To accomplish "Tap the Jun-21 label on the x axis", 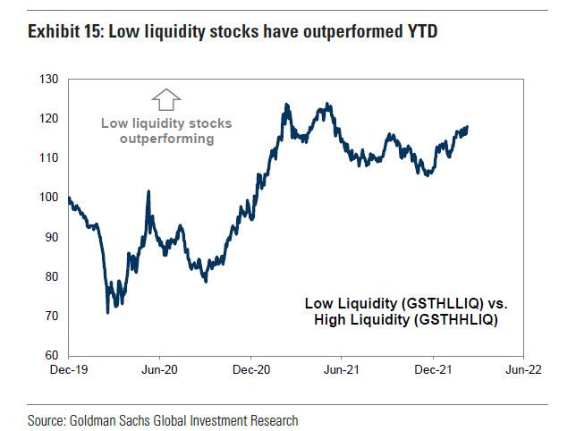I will (342, 368).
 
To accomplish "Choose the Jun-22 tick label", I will (524, 368).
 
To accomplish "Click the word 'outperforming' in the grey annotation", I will (167, 139).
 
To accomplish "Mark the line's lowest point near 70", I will (108, 312).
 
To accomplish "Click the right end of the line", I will (468, 127).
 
